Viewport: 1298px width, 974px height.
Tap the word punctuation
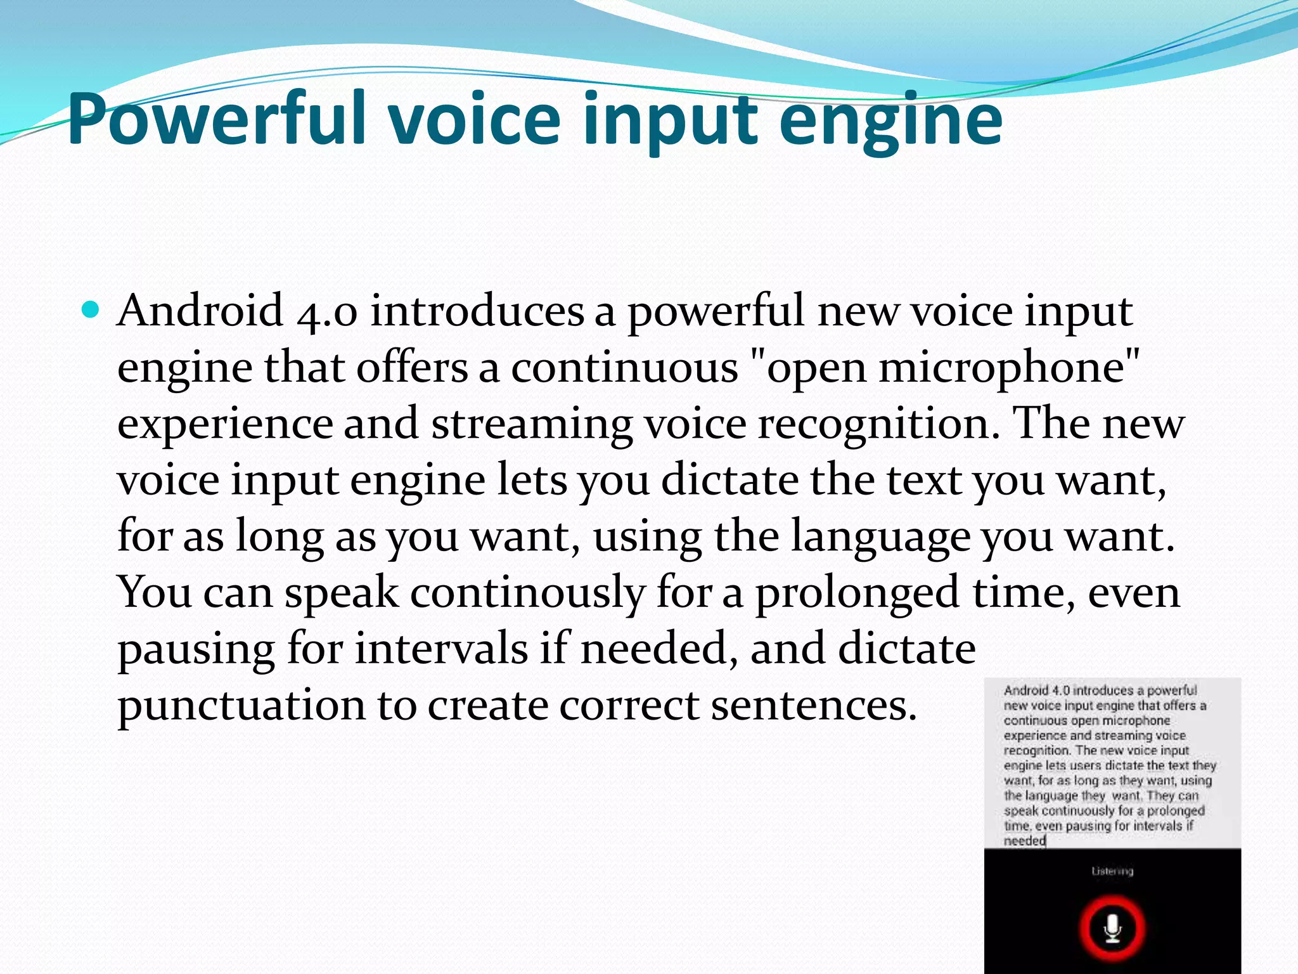click(241, 705)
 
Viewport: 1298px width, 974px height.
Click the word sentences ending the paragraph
click(814, 705)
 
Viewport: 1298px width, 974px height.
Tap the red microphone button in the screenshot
click(1112, 928)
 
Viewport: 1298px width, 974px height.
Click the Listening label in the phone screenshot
click(1112, 871)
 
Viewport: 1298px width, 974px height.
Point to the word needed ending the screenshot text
click(1024, 841)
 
